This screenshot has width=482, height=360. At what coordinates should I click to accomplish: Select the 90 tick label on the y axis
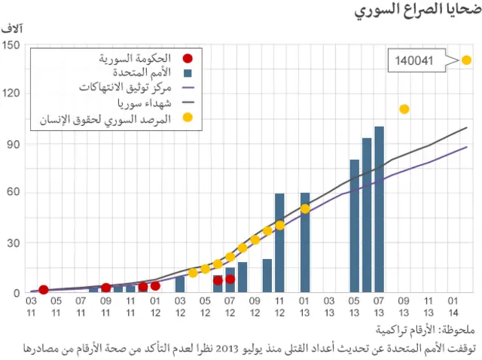coord(13,144)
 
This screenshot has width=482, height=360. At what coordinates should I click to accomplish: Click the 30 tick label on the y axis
coord(13,243)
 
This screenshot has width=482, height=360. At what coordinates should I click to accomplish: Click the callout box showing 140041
coord(414,60)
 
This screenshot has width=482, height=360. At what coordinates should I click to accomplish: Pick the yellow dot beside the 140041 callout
coord(466,60)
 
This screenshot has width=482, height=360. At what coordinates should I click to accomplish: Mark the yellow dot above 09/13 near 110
coord(404,109)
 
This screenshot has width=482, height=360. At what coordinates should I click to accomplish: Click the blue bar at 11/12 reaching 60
coord(279,243)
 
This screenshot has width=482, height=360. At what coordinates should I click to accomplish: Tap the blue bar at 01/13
coord(305,243)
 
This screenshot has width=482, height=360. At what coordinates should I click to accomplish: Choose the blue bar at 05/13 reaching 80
coord(355,226)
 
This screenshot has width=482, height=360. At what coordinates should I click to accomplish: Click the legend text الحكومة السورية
coord(136,58)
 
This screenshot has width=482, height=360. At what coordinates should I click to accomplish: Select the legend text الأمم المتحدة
coord(142,73)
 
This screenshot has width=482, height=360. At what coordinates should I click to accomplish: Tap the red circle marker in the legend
coord(188,59)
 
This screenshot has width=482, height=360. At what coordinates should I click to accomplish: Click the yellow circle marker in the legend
coord(188,117)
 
